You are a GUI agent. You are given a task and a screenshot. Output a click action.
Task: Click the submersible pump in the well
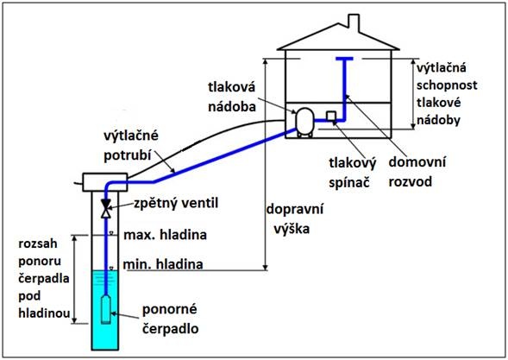105,309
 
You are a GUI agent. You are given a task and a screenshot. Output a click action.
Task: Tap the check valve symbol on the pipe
105,208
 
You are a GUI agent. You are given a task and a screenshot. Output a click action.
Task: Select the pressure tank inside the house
304,122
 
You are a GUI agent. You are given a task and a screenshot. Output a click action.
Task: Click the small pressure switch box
331,116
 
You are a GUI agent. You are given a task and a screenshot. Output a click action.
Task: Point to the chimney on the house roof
354,22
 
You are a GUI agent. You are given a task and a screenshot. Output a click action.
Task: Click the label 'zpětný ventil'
176,204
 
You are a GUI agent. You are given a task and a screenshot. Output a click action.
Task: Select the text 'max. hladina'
166,235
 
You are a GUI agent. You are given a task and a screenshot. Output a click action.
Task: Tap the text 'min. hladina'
163,264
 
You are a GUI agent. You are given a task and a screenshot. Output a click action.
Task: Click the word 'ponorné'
169,309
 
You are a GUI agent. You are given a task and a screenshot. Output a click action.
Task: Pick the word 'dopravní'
295,209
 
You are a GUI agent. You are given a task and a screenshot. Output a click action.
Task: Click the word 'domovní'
417,161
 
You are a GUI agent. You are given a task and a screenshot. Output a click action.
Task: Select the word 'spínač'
349,183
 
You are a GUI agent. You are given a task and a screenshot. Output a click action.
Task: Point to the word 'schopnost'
447,85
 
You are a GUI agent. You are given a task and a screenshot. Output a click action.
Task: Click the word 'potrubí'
128,155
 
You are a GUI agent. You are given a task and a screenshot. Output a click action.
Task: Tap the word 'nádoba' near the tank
232,107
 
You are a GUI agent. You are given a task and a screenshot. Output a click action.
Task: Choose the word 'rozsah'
38,243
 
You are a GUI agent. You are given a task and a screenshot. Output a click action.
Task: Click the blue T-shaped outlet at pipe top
344,59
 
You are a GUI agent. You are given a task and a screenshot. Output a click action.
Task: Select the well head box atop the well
105,182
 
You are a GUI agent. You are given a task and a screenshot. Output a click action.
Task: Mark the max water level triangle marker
111,233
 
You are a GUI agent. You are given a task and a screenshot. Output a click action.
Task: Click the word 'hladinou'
44,313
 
